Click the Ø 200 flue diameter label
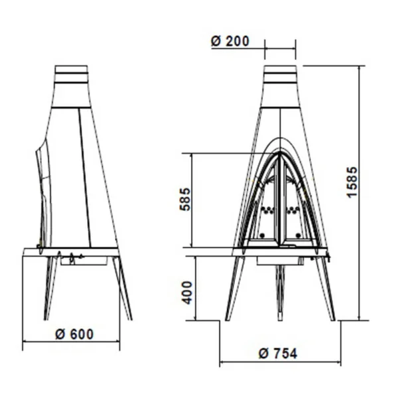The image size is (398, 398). (230, 41)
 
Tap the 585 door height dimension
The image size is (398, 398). (185, 199)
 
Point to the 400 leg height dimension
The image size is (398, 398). (187, 293)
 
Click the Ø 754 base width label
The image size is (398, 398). (278, 354)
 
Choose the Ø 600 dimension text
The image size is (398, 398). (74, 334)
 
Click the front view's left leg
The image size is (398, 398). (235, 288)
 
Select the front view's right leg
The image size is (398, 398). (324, 288)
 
